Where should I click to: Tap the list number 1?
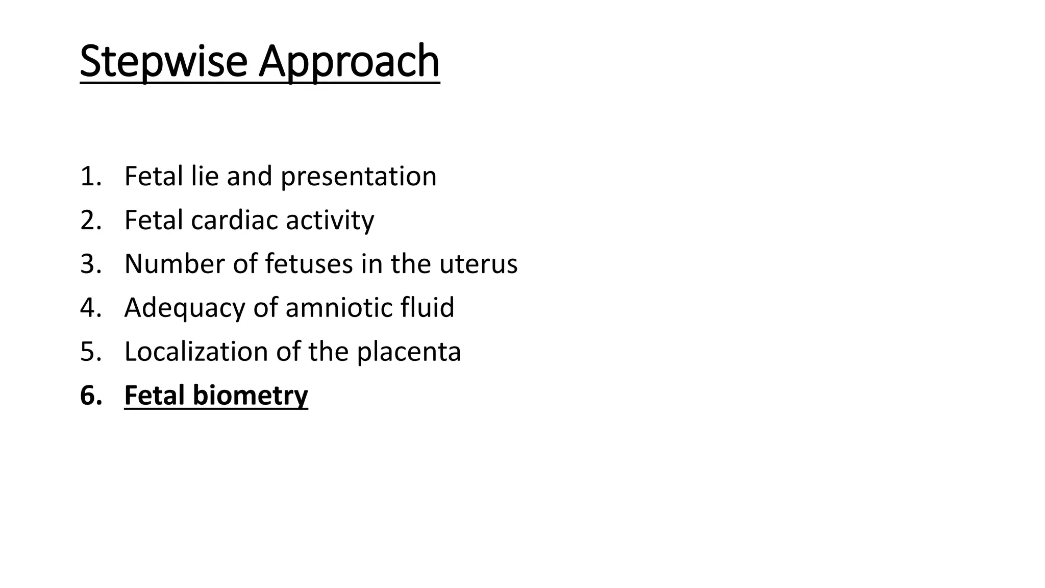coord(90,177)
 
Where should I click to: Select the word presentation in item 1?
coord(358,177)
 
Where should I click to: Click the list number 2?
coord(90,220)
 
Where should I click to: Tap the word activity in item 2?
coord(330,220)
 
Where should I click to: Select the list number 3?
coord(90,264)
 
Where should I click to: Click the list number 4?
coord(90,308)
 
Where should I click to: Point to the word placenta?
coord(409,352)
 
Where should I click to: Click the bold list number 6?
coord(90,396)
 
